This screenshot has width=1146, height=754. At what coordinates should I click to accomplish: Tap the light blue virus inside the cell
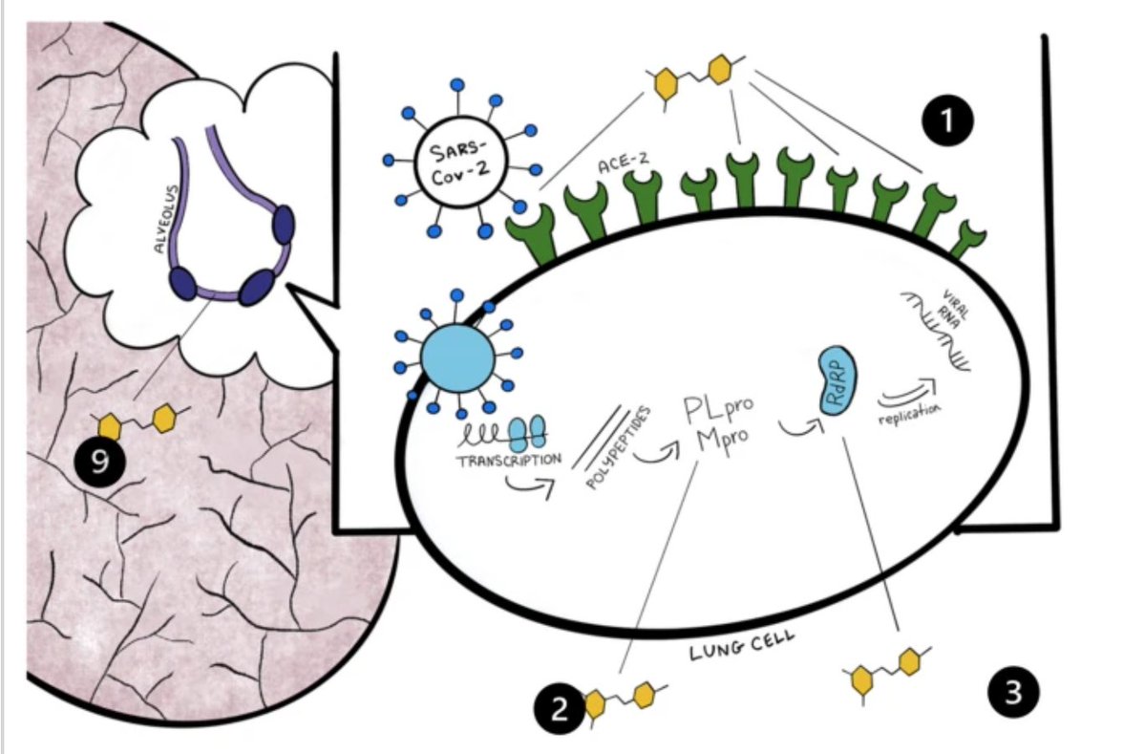457,358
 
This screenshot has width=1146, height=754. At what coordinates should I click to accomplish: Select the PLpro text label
718,409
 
